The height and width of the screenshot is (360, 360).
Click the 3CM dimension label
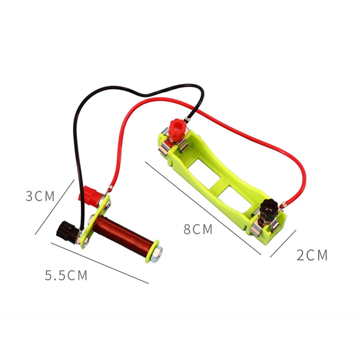tap(40, 196)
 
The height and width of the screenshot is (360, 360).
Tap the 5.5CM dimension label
tap(66, 275)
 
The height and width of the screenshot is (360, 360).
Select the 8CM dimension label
tap(198, 229)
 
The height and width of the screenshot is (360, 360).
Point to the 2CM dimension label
tap(312, 255)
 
